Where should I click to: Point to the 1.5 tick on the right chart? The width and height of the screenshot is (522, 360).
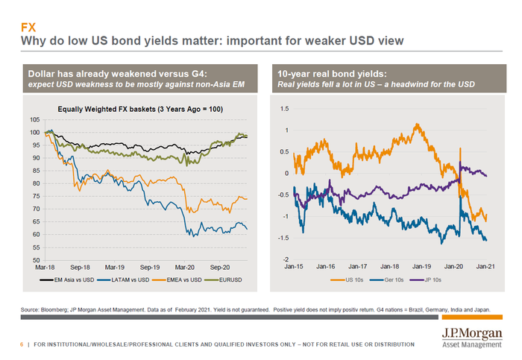[284, 109]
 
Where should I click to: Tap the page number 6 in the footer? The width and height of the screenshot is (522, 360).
[21, 344]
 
